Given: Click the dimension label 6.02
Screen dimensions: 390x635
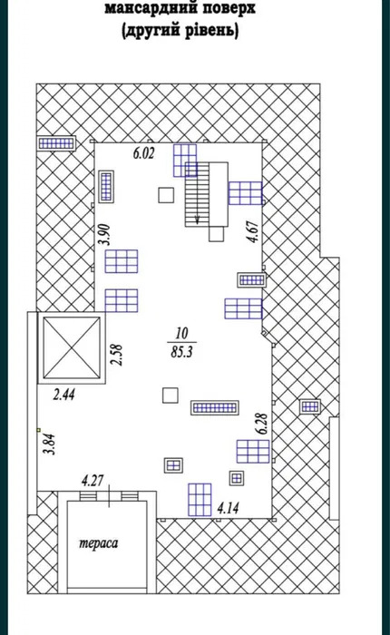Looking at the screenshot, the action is [x=144, y=153].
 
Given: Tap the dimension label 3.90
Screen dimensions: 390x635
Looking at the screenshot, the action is [x=106, y=235].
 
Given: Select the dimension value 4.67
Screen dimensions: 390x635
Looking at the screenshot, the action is [x=254, y=231].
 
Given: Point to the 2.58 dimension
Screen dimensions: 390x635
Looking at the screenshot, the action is [x=117, y=355].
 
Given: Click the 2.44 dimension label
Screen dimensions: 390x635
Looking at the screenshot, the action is [x=64, y=395].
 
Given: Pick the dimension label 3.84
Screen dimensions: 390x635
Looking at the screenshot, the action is [x=50, y=444].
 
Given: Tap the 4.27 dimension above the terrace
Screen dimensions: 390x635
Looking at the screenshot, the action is [x=93, y=481].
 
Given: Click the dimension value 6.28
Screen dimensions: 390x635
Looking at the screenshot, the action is [x=262, y=424].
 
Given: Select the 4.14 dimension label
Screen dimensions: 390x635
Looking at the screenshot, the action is [x=228, y=508].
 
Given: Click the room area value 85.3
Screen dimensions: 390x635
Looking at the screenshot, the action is [x=181, y=352].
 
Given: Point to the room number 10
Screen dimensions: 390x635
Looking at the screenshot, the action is [x=181, y=334].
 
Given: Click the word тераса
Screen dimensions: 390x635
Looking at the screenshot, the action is [x=99, y=543].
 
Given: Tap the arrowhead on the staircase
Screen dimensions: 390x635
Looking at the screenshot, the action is [x=197, y=220].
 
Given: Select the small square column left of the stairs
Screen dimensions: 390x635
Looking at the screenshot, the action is [x=166, y=195].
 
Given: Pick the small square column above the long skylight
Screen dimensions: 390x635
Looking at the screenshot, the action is [x=171, y=396].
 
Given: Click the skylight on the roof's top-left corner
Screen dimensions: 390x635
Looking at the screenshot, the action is [x=57, y=143].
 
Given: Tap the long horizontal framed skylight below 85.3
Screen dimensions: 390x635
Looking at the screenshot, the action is [x=215, y=408].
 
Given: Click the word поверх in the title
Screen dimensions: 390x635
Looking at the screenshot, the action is [x=229, y=8].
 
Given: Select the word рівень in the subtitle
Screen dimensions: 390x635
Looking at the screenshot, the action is [x=211, y=30].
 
